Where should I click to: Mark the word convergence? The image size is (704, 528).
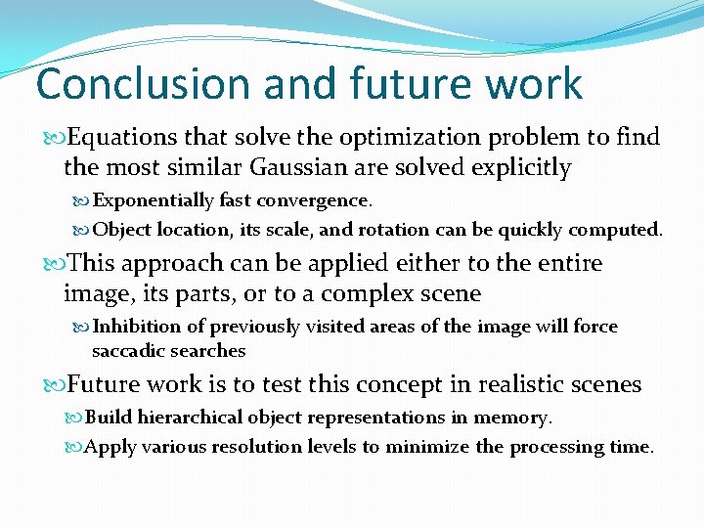[313, 200]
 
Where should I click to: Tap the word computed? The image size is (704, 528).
[619, 230]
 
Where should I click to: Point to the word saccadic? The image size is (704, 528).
[128, 350]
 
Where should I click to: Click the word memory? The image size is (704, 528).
[512, 418]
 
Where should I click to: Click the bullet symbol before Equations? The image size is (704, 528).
[49, 138]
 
